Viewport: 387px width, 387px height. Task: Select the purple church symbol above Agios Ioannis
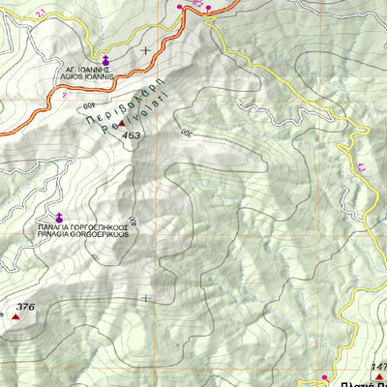pos(106,62)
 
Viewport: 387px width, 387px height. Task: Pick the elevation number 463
pos(132,135)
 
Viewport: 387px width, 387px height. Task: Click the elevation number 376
pos(26,308)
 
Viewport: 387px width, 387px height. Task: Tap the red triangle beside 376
pos(15,316)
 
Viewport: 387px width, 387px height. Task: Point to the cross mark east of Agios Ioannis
pos(146,49)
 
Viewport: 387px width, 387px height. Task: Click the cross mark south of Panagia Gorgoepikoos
pos(146,298)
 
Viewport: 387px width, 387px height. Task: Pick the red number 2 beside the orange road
pos(64,96)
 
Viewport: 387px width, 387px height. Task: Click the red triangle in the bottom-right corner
pos(380,376)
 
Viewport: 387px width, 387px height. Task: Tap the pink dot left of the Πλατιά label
pos(326,376)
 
